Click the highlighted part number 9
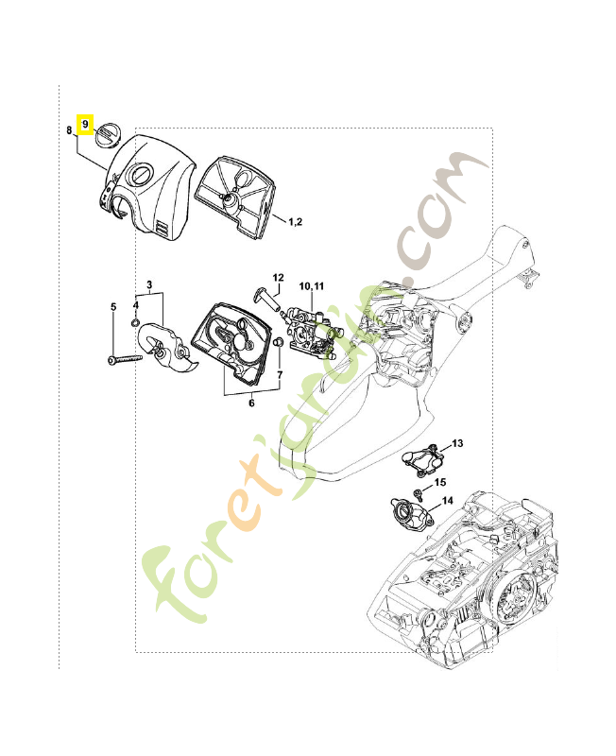coord(85,123)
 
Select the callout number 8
coord(70,131)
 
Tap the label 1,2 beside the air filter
coord(294,221)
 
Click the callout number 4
coord(113,306)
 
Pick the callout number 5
coord(251,404)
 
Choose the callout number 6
coord(280,375)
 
